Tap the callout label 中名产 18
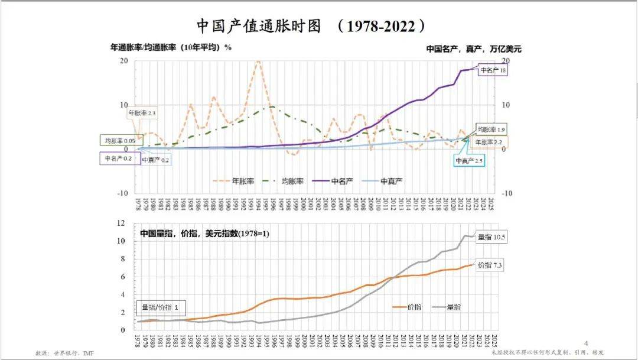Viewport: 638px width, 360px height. pyautogui.click(x=493, y=70)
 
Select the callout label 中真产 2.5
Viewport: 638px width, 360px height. pyautogui.click(x=470, y=161)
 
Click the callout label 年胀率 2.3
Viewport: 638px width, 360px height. pyautogui.click(x=142, y=112)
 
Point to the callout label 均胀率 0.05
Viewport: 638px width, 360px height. pyautogui.click(x=120, y=141)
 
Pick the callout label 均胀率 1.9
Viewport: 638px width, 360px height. pyautogui.click(x=491, y=129)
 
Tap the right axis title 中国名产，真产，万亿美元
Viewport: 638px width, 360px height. pyautogui.click(x=474, y=49)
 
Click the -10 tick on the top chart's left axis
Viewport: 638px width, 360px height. pyautogui.click(x=122, y=193)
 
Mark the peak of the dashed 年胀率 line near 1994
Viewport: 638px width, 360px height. pyautogui.click(x=258, y=61)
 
